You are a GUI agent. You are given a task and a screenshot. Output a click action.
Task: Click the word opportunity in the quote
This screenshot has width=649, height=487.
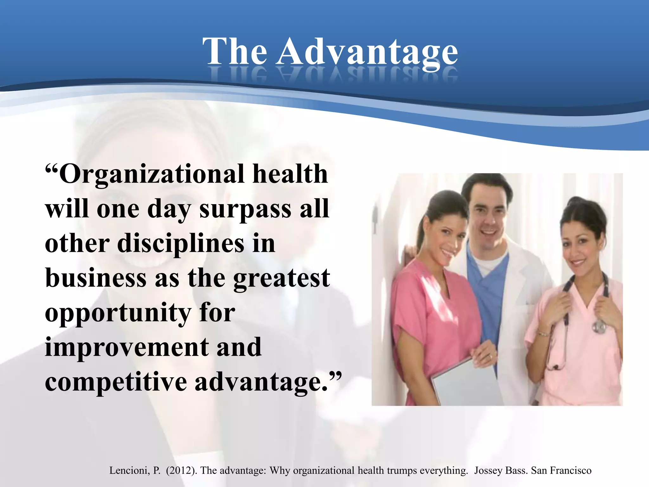118,313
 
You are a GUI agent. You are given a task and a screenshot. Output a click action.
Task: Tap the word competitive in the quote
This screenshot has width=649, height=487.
116,382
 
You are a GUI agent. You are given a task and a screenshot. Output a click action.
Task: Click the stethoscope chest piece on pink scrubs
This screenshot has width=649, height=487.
599,327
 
